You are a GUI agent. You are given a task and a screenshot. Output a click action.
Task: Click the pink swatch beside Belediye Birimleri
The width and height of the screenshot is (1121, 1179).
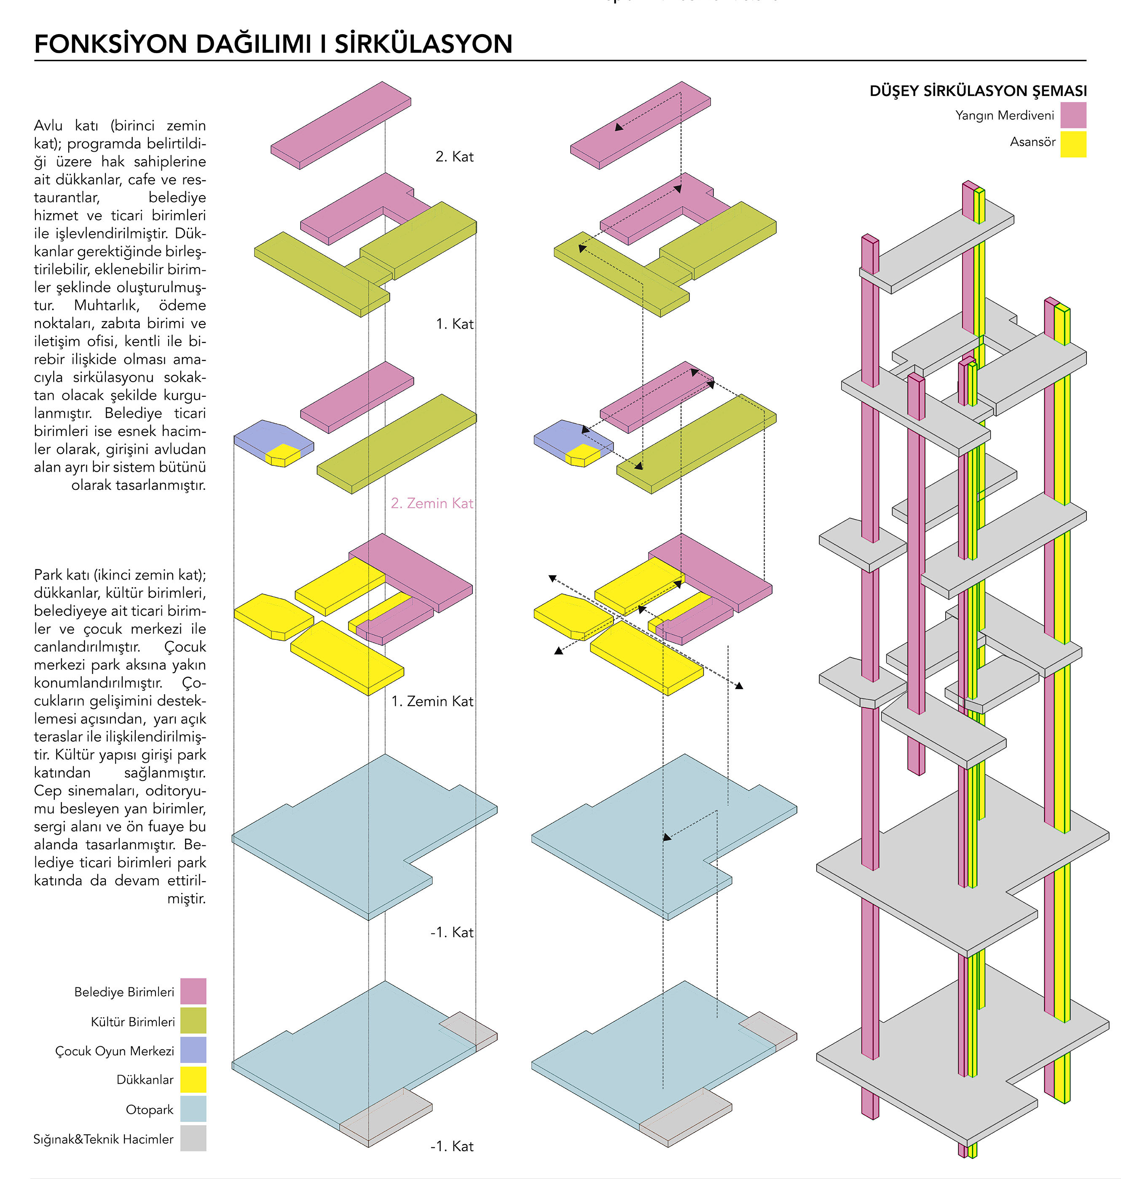tap(193, 991)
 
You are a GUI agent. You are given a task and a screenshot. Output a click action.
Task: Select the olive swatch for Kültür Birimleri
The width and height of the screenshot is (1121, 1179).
tap(193, 1020)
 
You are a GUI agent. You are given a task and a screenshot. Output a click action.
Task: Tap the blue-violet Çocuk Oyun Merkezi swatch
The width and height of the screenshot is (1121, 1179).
tap(193, 1049)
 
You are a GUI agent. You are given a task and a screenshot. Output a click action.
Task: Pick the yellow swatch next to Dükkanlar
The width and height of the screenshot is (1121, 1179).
tap(193, 1079)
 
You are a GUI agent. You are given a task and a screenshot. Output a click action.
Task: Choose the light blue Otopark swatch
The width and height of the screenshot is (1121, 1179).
tap(193, 1109)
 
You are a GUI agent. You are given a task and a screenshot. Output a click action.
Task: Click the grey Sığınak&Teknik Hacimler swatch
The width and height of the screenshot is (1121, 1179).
tap(193, 1138)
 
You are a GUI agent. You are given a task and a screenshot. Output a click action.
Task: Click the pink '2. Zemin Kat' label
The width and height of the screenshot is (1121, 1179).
tap(432, 503)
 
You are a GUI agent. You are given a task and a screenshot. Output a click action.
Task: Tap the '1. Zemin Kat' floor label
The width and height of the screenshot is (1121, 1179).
tap(432, 700)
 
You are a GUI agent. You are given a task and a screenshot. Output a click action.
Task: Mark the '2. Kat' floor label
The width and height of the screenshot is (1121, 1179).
tap(454, 156)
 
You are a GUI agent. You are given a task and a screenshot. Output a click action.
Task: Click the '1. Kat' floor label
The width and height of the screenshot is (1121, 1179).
tap(454, 324)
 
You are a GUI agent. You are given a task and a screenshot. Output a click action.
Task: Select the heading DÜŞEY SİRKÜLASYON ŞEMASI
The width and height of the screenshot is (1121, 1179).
tap(978, 91)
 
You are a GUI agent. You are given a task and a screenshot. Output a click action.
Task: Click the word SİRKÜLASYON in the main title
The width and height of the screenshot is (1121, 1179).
tap(423, 44)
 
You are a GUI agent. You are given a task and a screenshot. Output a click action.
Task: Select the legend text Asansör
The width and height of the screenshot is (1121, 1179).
tap(1032, 142)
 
